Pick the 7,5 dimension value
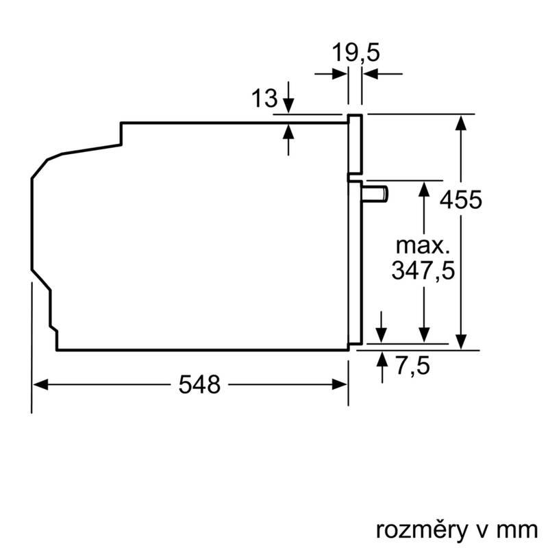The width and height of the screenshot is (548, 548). coord(412,366)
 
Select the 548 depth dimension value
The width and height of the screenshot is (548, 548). coord(199,386)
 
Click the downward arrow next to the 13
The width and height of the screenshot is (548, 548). coord(288,104)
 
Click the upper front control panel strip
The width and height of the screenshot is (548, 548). coord(355,144)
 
